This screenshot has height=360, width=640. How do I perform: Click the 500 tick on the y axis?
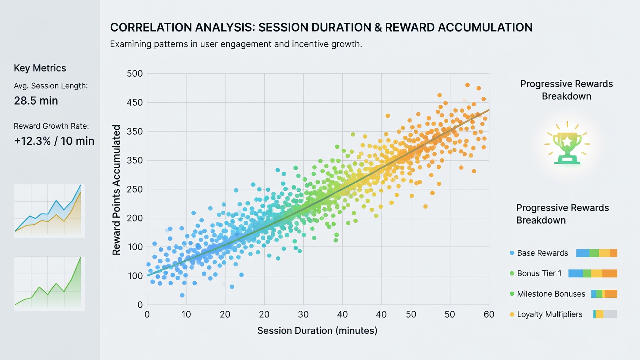tap(134, 73)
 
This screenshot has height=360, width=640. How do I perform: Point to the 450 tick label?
tap(134, 102)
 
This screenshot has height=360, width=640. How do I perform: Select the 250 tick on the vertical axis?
tap(134, 189)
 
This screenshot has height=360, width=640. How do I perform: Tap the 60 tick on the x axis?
tap(489, 314)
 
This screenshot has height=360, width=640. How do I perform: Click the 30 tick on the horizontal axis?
tap(303, 314)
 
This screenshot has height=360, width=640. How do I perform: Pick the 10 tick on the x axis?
tap(186, 314)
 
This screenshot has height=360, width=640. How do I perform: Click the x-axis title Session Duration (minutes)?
tap(317, 331)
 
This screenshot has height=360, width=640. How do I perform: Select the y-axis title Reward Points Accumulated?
tap(116, 190)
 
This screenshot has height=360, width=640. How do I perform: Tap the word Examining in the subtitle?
tap(131, 45)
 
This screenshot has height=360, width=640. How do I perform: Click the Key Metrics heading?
tap(40, 68)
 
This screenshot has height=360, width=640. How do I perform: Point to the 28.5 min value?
tap(36, 101)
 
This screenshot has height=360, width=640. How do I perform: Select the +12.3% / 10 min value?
tap(54, 141)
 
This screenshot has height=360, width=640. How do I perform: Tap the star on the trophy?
tap(567, 141)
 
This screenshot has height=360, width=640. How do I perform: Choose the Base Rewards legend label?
tap(542, 253)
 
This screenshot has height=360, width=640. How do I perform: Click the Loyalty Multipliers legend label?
tap(550, 314)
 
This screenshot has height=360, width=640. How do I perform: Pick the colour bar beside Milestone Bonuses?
tap(604, 294)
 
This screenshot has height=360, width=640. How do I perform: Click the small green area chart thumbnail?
tap(49, 283)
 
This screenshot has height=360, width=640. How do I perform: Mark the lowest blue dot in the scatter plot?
tap(182, 295)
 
